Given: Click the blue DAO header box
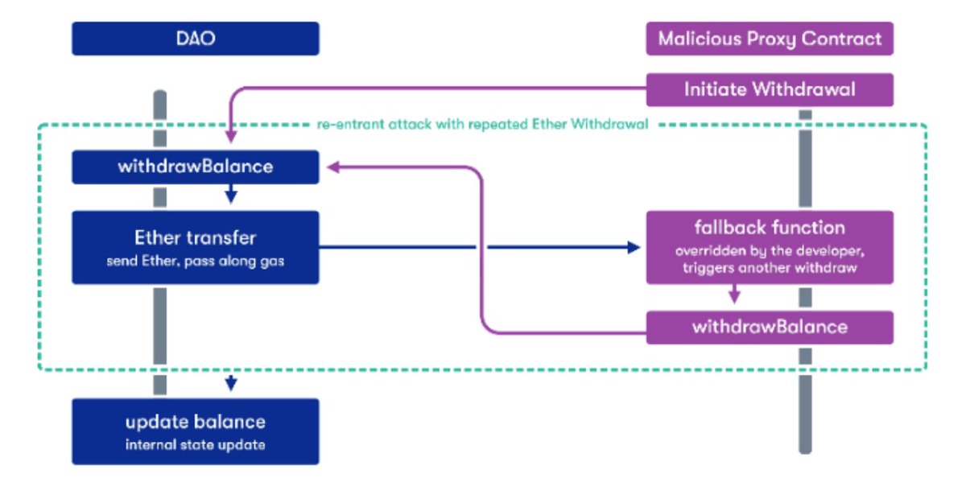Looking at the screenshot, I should pos(195,39).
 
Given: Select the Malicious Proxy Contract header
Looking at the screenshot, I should pos(769,39).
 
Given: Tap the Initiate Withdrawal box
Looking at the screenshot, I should pos(769,89).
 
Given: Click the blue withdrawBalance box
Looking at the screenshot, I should pos(195,167).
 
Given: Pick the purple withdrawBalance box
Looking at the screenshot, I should pos(769,327).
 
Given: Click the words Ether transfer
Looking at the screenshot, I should pos(195,238).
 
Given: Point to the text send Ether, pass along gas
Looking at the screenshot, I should pos(195,262).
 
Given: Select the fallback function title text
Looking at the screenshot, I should pos(769,227).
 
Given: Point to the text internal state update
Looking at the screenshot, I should pos(195,445).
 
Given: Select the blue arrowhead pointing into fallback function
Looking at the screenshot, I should pos(634,248).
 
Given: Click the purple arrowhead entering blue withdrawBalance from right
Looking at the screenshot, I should pos(332,167).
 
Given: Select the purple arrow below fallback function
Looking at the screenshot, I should pos(733,295).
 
